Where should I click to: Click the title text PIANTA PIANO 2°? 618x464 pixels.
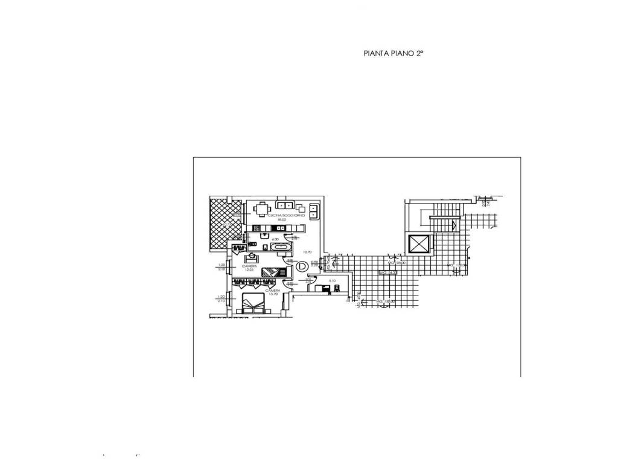tap(393, 54)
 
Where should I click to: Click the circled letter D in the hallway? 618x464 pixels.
tap(302, 266)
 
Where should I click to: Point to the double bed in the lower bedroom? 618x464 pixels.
tap(253, 303)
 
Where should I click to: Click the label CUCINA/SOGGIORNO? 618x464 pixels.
tap(277, 216)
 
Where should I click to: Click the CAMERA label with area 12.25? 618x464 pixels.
tap(249, 267)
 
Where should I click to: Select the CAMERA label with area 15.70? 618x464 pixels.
tap(272, 292)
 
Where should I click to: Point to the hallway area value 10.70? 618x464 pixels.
tap(307, 253)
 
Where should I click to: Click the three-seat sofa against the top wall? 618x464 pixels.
tap(284, 204)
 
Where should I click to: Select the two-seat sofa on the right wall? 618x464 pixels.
tap(314, 212)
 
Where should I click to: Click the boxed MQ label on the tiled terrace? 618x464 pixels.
tap(387, 273)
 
